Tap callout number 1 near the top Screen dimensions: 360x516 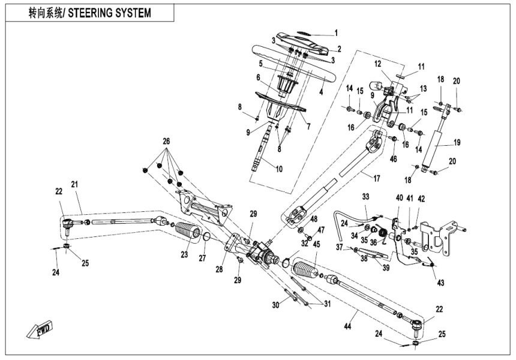(x=336, y=33)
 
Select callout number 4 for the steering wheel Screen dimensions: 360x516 (x=321, y=92)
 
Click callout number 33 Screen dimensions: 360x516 (x=365, y=196)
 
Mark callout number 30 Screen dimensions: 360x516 (x=276, y=305)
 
